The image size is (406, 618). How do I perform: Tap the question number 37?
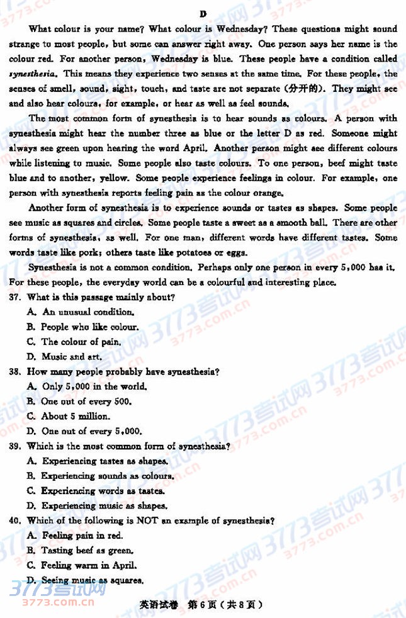click(16, 297)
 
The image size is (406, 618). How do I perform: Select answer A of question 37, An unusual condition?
click(81, 312)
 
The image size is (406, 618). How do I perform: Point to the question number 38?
click(16, 372)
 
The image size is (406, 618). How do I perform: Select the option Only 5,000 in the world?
click(87, 386)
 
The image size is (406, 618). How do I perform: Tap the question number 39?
click(16, 446)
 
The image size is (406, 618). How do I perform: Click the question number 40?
click(16, 520)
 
